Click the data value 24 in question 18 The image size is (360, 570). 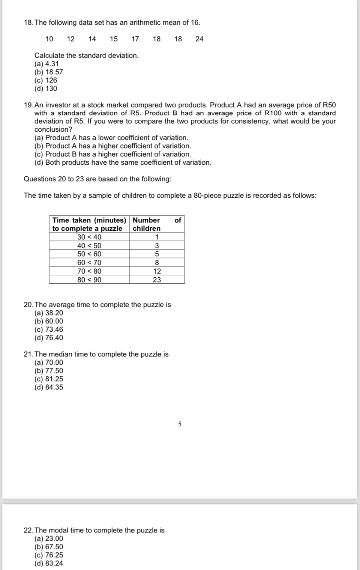(199, 39)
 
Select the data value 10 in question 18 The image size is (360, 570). (49, 39)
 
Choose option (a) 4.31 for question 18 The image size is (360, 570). (46, 64)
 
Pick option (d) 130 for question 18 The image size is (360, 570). (46, 89)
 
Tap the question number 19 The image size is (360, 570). (28, 105)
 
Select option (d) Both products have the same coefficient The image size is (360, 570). (123, 162)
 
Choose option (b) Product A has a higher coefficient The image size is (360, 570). (112, 146)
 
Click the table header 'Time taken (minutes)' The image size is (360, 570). (89, 220)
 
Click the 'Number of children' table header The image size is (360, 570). (157, 224)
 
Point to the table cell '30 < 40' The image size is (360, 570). (89, 237)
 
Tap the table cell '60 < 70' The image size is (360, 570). (89, 263)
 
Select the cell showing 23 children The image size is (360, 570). (157, 280)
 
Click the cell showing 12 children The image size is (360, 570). (157, 271)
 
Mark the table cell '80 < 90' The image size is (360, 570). (89, 280)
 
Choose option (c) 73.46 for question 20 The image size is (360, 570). (49, 329)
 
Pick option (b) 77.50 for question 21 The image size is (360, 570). (49, 371)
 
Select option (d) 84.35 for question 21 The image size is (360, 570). (49, 387)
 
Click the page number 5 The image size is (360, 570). (180, 424)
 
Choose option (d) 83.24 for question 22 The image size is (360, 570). (49, 563)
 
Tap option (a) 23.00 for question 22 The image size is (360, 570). (49, 538)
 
